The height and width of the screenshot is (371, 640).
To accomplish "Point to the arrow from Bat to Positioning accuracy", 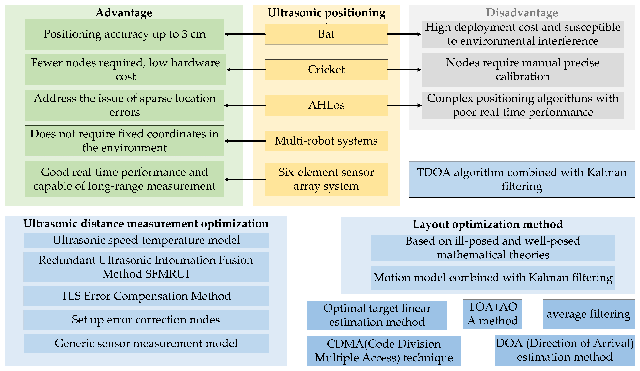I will pyautogui.click(x=245, y=34).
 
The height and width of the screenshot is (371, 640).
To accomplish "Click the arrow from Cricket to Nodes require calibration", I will pyautogui.click(x=404, y=70).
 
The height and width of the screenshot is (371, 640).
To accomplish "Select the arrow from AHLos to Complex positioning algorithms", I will pyautogui.click(x=404, y=105).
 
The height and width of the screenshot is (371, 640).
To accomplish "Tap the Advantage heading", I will pyautogui.click(x=124, y=13).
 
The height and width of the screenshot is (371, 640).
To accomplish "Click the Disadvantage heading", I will pyautogui.click(x=522, y=13).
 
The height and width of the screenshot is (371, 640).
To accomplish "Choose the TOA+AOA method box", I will pyautogui.click(x=493, y=314).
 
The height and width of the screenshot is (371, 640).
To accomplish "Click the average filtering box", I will pyautogui.click(x=588, y=314).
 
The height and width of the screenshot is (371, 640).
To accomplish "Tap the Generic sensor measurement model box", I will pyautogui.click(x=146, y=343).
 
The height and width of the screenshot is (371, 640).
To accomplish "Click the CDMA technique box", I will pyautogui.click(x=384, y=351).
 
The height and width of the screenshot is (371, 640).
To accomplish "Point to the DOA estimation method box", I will pyautogui.click(x=565, y=350).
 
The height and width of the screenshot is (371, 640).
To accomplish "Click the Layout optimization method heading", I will pyautogui.click(x=488, y=224).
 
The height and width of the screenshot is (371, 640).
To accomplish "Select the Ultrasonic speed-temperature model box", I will pyautogui.click(x=146, y=240).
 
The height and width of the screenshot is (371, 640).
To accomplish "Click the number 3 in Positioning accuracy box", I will pyautogui.click(x=184, y=34).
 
